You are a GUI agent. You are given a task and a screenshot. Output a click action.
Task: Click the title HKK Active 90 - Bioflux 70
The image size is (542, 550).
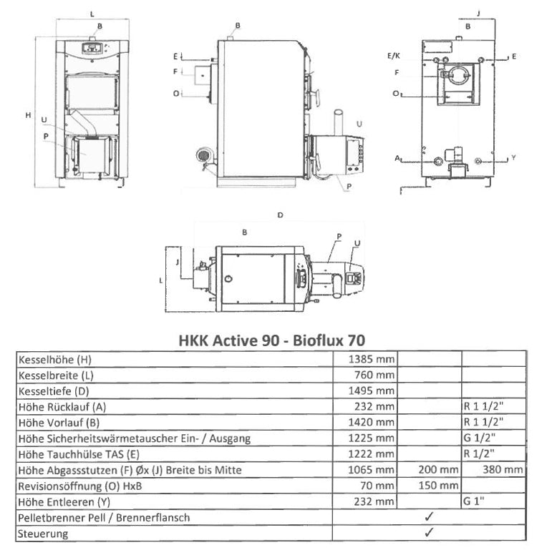point(271,340)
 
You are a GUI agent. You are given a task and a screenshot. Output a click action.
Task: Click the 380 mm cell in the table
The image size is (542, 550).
point(503,469)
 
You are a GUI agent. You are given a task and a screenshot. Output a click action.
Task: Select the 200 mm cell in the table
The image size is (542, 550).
point(438,469)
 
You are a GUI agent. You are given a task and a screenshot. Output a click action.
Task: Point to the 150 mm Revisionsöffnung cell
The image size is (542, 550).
point(438,485)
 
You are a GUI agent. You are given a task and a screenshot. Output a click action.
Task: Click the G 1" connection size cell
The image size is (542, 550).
point(474,501)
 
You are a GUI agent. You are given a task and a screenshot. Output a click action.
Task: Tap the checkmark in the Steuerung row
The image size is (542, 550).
point(429,532)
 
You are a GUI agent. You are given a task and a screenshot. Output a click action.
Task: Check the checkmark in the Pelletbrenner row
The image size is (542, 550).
point(429,516)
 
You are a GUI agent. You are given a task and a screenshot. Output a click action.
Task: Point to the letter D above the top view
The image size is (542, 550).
point(281,215)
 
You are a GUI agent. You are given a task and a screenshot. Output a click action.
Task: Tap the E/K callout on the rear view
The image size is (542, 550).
point(394,55)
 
